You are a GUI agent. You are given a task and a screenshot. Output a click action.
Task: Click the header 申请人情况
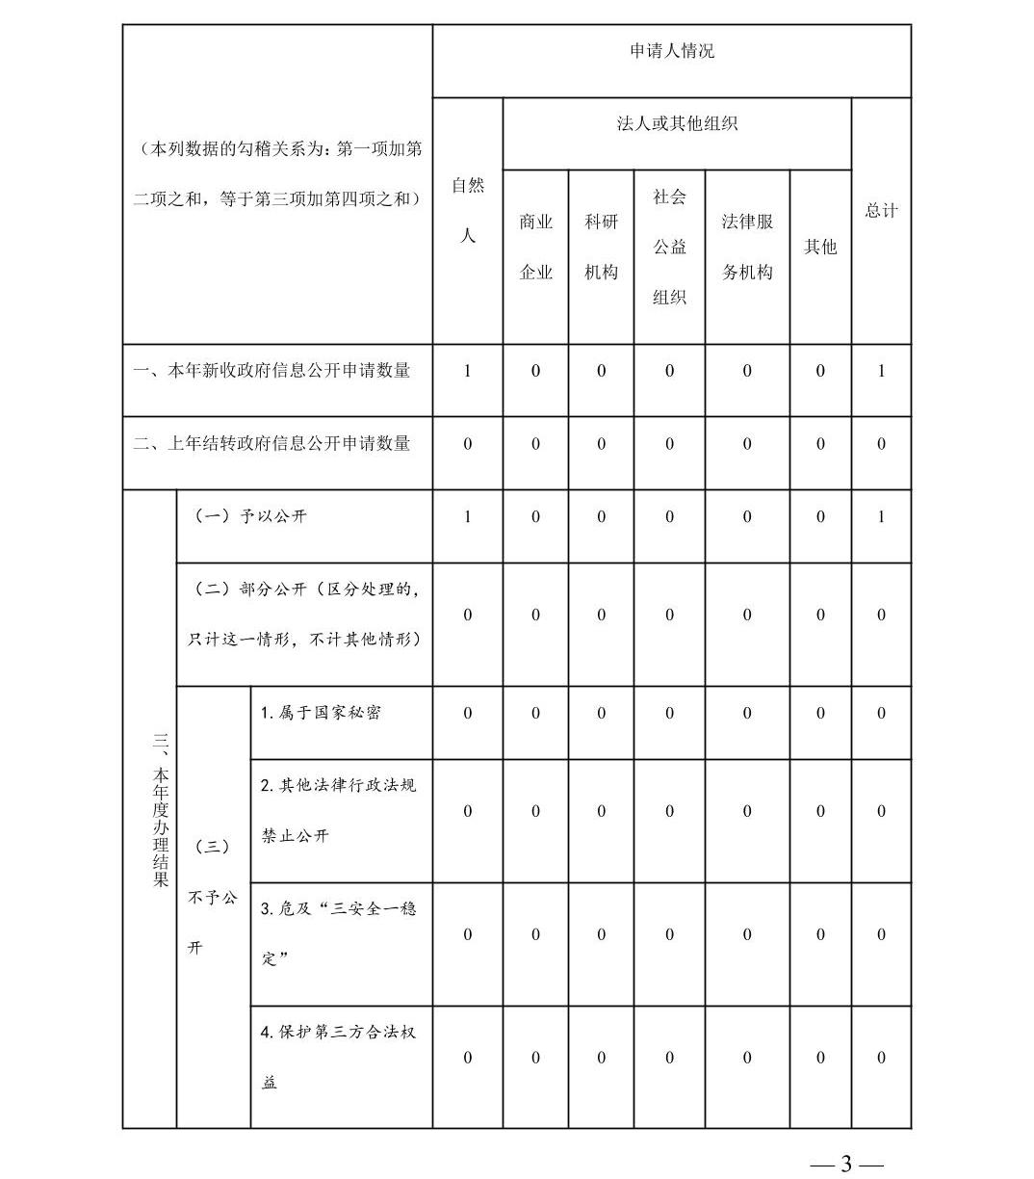point(672,51)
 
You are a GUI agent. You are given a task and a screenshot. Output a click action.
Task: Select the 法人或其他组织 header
point(677,124)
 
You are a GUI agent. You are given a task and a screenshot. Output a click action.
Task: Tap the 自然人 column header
point(468,210)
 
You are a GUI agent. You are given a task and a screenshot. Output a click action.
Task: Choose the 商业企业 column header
point(536,247)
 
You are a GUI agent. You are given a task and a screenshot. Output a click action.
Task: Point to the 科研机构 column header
point(602,247)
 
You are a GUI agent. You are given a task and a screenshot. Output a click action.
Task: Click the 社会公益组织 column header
point(669,247)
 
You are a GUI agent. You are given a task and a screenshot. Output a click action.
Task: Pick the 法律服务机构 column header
point(747,247)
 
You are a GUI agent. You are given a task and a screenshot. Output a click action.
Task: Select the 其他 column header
point(820,247)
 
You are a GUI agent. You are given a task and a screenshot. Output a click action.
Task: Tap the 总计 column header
point(881,210)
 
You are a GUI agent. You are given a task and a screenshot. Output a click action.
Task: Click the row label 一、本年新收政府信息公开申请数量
point(271,371)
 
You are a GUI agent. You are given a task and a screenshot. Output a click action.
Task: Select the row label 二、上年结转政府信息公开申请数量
point(271,444)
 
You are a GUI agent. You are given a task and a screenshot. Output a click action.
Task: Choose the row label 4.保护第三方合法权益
point(338,1057)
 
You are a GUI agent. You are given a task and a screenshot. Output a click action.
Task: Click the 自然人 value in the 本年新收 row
point(468,371)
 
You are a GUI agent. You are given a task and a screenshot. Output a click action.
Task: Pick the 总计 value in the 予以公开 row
point(881,517)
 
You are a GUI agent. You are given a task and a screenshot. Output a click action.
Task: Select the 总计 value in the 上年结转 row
point(881,444)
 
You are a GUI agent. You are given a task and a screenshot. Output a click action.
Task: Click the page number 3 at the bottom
point(846,1164)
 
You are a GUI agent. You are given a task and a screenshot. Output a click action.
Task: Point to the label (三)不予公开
point(212,897)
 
